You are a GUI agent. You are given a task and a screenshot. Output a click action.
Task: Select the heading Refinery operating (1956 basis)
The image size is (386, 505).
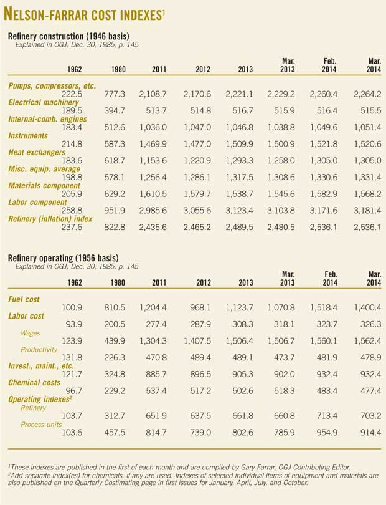(63, 257)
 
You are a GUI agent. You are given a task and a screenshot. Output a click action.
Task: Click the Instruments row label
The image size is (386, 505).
(28, 136)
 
